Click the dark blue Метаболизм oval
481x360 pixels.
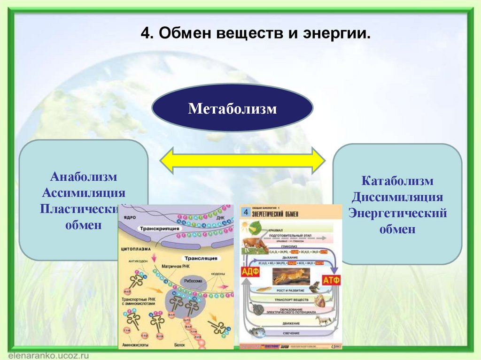(232, 108)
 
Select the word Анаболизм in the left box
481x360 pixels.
(84, 178)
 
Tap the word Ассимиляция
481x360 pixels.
(84, 193)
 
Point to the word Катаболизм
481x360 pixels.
(397, 181)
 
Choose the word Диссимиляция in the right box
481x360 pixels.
(397, 197)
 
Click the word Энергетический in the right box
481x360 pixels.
(397, 213)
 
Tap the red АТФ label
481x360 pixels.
(332, 280)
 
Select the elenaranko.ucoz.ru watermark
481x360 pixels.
(43, 354)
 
